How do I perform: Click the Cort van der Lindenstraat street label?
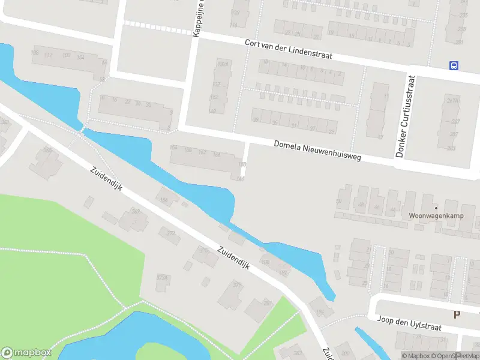[x=288, y=50]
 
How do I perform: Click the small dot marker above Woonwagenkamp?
[x=436, y=208]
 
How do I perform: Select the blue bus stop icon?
[x=454, y=66]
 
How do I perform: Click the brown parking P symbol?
[x=457, y=314]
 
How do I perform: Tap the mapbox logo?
[x=26, y=353]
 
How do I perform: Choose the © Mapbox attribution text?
[x=416, y=356]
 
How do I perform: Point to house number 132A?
[x=223, y=64]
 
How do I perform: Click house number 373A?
[x=161, y=278]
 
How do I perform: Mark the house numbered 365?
[x=47, y=150]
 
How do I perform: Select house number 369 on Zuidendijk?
[x=136, y=211]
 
